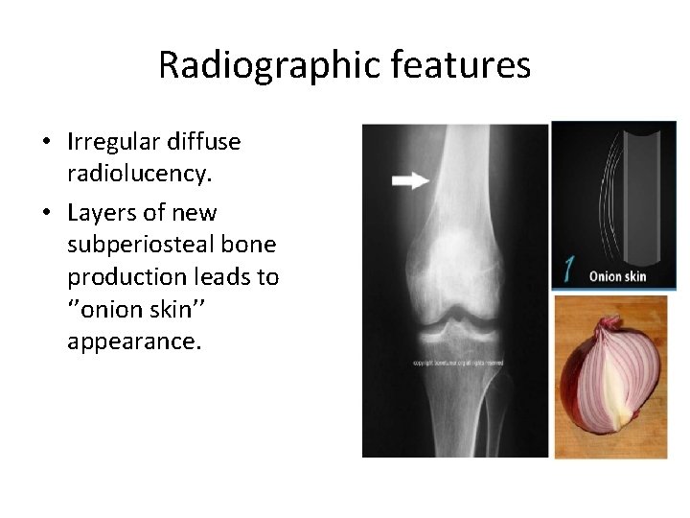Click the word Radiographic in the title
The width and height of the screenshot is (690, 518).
(x=250, y=65)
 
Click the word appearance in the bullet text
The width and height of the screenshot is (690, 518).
(x=134, y=342)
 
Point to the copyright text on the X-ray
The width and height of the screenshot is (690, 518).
(x=457, y=364)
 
